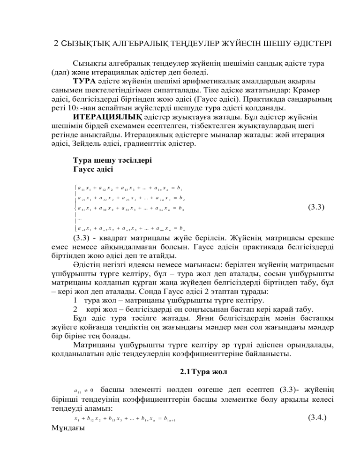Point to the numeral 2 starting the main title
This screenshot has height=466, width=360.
[56, 45]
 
